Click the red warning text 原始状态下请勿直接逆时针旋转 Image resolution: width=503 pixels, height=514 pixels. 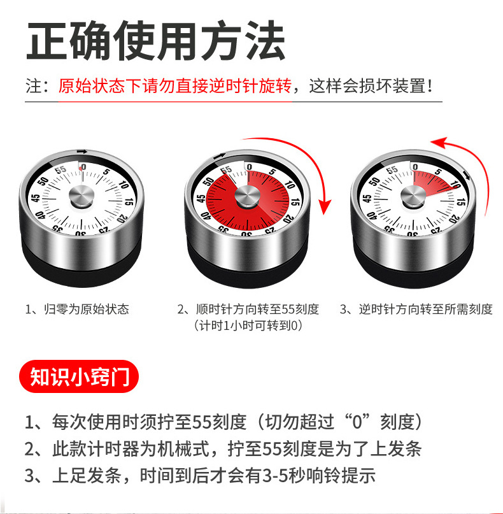[175, 85]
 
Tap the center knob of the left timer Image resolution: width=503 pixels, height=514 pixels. [81, 197]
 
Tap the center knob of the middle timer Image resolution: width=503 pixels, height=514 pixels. [248, 197]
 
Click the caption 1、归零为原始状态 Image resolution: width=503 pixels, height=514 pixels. [77, 310]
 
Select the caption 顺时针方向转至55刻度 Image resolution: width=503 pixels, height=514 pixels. [248, 310]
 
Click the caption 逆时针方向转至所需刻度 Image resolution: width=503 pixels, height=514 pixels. [416, 310]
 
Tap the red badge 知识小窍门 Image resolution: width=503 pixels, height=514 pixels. [80, 378]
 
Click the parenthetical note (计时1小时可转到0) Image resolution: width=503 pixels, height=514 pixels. [248, 325]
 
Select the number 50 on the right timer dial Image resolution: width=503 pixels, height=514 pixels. [372, 182]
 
